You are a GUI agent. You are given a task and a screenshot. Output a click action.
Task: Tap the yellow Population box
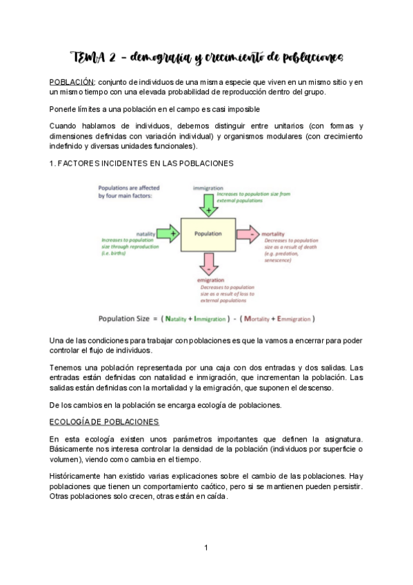(x=207, y=234)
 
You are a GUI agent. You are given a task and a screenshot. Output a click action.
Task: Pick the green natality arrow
(x=168, y=234)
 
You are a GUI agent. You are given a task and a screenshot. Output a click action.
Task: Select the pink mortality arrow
(x=247, y=234)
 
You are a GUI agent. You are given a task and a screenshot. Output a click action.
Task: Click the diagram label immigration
(x=207, y=188)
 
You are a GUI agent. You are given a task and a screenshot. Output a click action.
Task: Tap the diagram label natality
(x=145, y=234)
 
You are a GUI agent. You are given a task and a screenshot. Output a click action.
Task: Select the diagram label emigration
(x=208, y=280)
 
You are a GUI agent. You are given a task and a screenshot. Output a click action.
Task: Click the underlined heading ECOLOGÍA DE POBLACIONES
(x=104, y=421)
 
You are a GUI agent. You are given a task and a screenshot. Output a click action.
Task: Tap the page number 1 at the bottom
(x=205, y=548)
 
